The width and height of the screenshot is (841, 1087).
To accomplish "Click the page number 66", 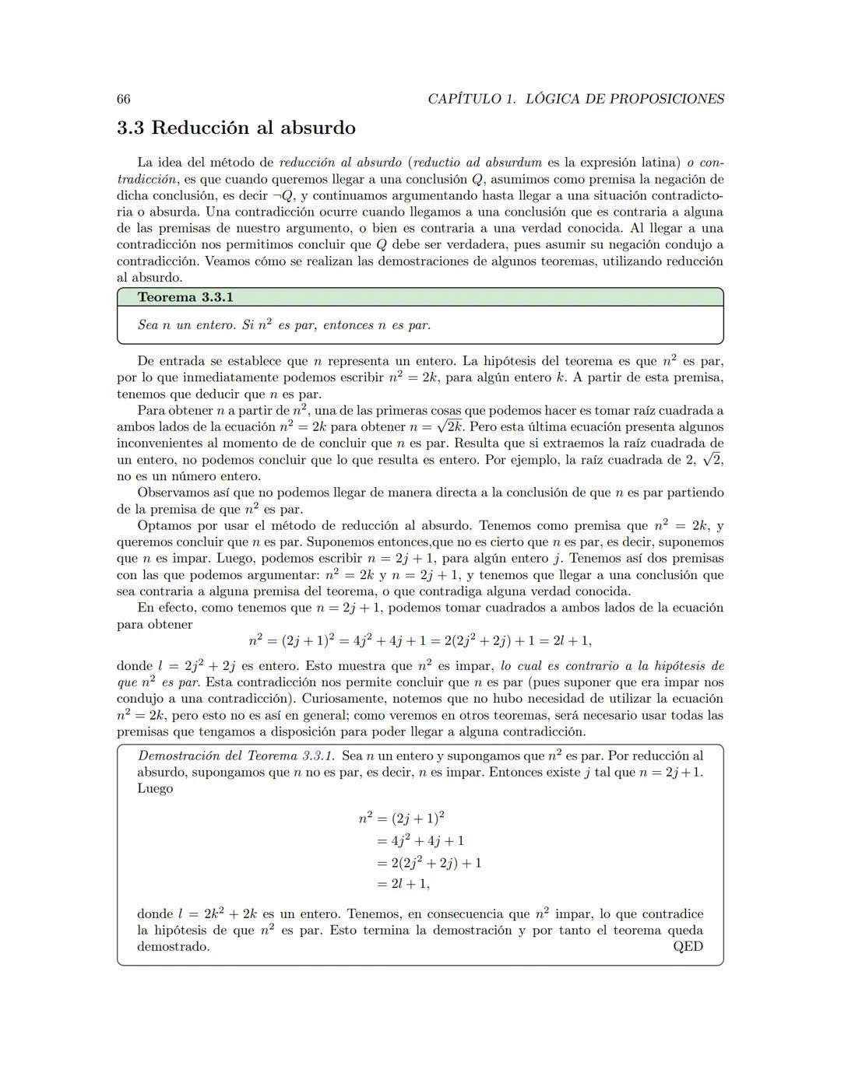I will coord(123,99).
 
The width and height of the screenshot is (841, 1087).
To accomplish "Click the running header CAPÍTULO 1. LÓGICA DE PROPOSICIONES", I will coord(575,99).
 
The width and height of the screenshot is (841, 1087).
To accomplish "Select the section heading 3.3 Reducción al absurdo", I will coord(235,128).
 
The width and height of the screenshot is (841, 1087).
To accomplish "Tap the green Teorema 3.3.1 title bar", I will coord(420,297).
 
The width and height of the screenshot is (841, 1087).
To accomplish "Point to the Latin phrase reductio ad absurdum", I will coord(477,163).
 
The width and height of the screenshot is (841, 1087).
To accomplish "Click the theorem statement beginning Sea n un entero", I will coord(283,325).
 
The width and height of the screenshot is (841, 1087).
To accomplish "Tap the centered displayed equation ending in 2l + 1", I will coord(420,640).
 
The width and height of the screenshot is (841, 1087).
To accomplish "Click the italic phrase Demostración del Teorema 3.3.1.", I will coord(235,756).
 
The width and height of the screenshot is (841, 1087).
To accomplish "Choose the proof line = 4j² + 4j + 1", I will coord(420,840).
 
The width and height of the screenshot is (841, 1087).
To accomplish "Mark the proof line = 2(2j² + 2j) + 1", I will coord(428,862).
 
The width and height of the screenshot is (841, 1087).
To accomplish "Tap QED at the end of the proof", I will coord(688,946).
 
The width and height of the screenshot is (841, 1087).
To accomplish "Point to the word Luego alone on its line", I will coord(154,788).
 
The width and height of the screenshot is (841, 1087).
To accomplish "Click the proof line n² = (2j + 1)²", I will coord(402,818).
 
